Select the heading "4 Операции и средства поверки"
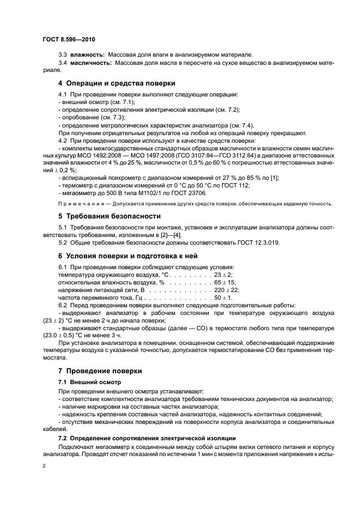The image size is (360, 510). pyautogui.click(x=117, y=83)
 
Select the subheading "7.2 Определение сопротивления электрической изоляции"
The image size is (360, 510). pyautogui.click(x=147, y=438)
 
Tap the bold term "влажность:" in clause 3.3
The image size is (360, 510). pyautogui.click(x=86, y=55)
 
